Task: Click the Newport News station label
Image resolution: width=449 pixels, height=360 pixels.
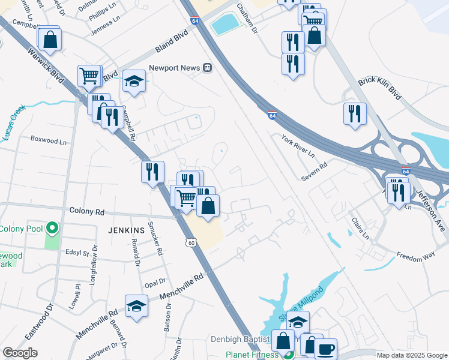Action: pyautogui.click(x=174, y=68)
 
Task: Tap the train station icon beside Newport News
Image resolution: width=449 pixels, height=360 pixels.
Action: pyautogui.click(x=207, y=68)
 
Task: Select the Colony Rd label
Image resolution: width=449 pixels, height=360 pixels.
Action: pyautogui.click(x=87, y=212)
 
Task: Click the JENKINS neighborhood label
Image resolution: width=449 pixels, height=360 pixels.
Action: pyautogui.click(x=126, y=230)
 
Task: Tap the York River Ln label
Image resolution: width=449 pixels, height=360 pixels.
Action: pyautogui.click(x=298, y=146)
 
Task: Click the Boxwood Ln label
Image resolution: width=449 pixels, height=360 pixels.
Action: pyautogui.click(x=49, y=140)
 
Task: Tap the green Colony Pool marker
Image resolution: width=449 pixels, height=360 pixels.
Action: pyautogui.click(x=52, y=228)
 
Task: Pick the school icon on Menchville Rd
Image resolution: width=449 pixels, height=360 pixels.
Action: pyautogui.click(x=136, y=307)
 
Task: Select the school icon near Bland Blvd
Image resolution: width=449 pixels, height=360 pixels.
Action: pyautogui.click(x=134, y=82)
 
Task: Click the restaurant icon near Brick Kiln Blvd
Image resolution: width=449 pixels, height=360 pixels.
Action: pyautogui.click(x=355, y=113)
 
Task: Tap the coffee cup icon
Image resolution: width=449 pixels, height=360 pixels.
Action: pyautogui.click(x=326, y=349)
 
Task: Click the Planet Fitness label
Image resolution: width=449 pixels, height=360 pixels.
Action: pyautogui.click(x=253, y=354)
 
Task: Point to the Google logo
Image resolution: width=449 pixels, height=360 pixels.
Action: pyautogui.click(x=20, y=353)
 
